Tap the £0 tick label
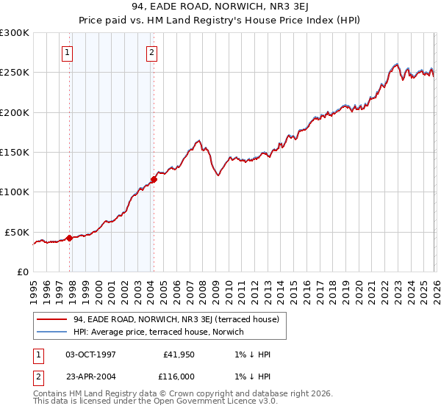point(24,272)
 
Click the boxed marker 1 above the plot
point(68,52)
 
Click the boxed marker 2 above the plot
point(151,52)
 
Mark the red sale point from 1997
point(69,238)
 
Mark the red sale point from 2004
point(154,179)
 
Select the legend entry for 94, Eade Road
point(176,319)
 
